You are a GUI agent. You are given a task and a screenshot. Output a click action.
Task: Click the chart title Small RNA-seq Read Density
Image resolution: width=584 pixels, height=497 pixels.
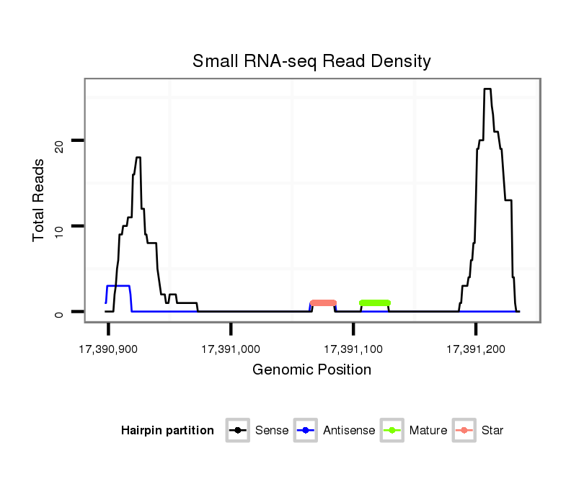click(x=311, y=61)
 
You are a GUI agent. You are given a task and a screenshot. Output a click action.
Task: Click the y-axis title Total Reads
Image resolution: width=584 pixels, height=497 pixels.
click(x=40, y=200)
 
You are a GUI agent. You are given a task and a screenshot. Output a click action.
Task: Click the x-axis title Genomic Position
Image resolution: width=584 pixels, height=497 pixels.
click(x=311, y=370)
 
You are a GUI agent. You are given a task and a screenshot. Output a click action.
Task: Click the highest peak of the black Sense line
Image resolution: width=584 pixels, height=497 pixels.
click(x=487, y=89)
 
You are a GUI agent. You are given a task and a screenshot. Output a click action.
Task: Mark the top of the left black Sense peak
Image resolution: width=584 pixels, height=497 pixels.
click(x=138, y=158)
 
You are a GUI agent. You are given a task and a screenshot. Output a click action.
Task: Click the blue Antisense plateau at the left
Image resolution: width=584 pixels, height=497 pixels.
click(x=118, y=286)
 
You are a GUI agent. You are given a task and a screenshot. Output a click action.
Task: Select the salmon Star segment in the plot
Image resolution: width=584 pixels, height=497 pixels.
click(x=323, y=303)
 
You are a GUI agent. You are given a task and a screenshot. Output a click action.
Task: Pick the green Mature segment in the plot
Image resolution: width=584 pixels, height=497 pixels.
click(x=374, y=303)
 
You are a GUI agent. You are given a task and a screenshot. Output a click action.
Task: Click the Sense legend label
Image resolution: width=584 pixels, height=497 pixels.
click(x=272, y=431)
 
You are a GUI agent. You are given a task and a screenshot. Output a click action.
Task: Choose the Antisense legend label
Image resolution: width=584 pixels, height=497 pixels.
click(x=349, y=431)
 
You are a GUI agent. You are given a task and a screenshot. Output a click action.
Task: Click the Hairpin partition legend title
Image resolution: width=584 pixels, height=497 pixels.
click(x=167, y=431)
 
